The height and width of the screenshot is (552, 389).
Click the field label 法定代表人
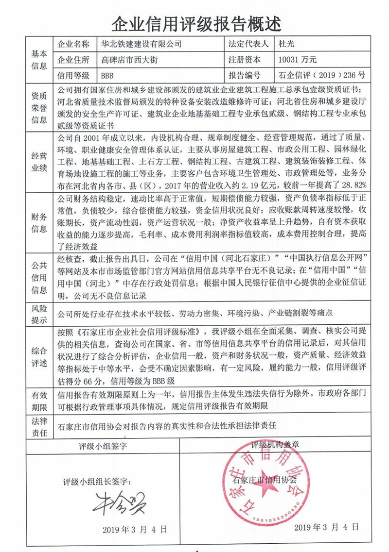[248, 44]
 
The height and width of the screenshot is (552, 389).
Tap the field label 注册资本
[244, 60]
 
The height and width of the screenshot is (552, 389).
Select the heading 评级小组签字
[103, 445]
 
